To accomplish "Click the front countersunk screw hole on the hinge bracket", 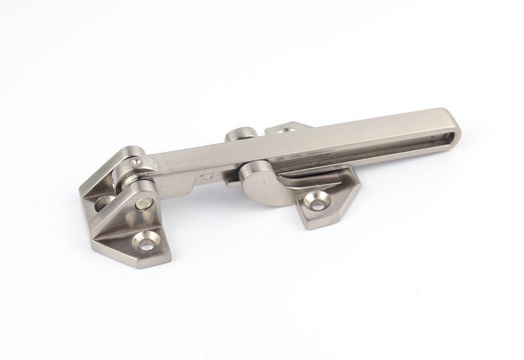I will click(145, 241).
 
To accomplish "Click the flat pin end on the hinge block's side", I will click(145, 204).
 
